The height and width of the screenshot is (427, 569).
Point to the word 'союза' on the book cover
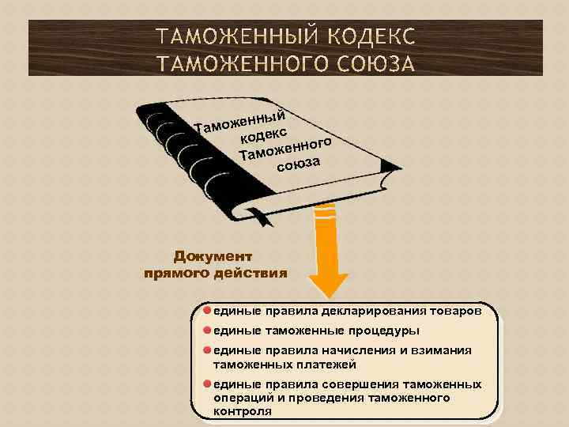tap(298, 164)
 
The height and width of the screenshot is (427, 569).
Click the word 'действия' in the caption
tap(251, 274)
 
